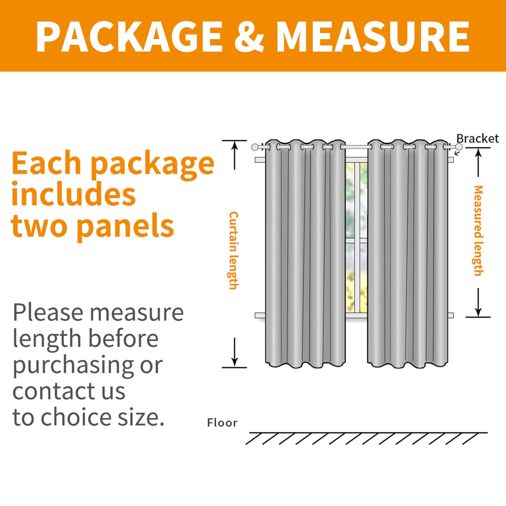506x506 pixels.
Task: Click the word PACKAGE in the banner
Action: pyautogui.click(x=130, y=36)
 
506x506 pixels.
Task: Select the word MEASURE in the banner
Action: pyautogui.click(x=373, y=36)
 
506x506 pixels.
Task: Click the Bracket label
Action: pyautogui.click(x=477, y=138)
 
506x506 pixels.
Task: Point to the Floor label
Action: pyautogui.click(x=222, y=423)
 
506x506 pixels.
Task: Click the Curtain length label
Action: pyautogui.click(x=233, y=251)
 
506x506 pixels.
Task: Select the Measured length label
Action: pyautogui.click(x=478, y=231)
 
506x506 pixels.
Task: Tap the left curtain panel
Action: pyautogui.click(x=305, y=253)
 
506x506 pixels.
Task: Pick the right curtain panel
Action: pyautogui.click(x=408, y=253)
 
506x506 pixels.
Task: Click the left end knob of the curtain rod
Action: pyautogui.click(x=255, y=147)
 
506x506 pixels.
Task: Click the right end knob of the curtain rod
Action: pyautogui.click(x=459, y=147)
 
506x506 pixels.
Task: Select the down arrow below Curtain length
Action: pyautogui.click(x=235, y=352)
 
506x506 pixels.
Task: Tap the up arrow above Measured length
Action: pyautogui.click(x=478, y=163)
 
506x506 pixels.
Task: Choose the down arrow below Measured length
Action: pyautogui.click(x=478, y=302)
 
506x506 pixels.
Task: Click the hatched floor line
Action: pyautogui.click(x=367, y=438)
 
